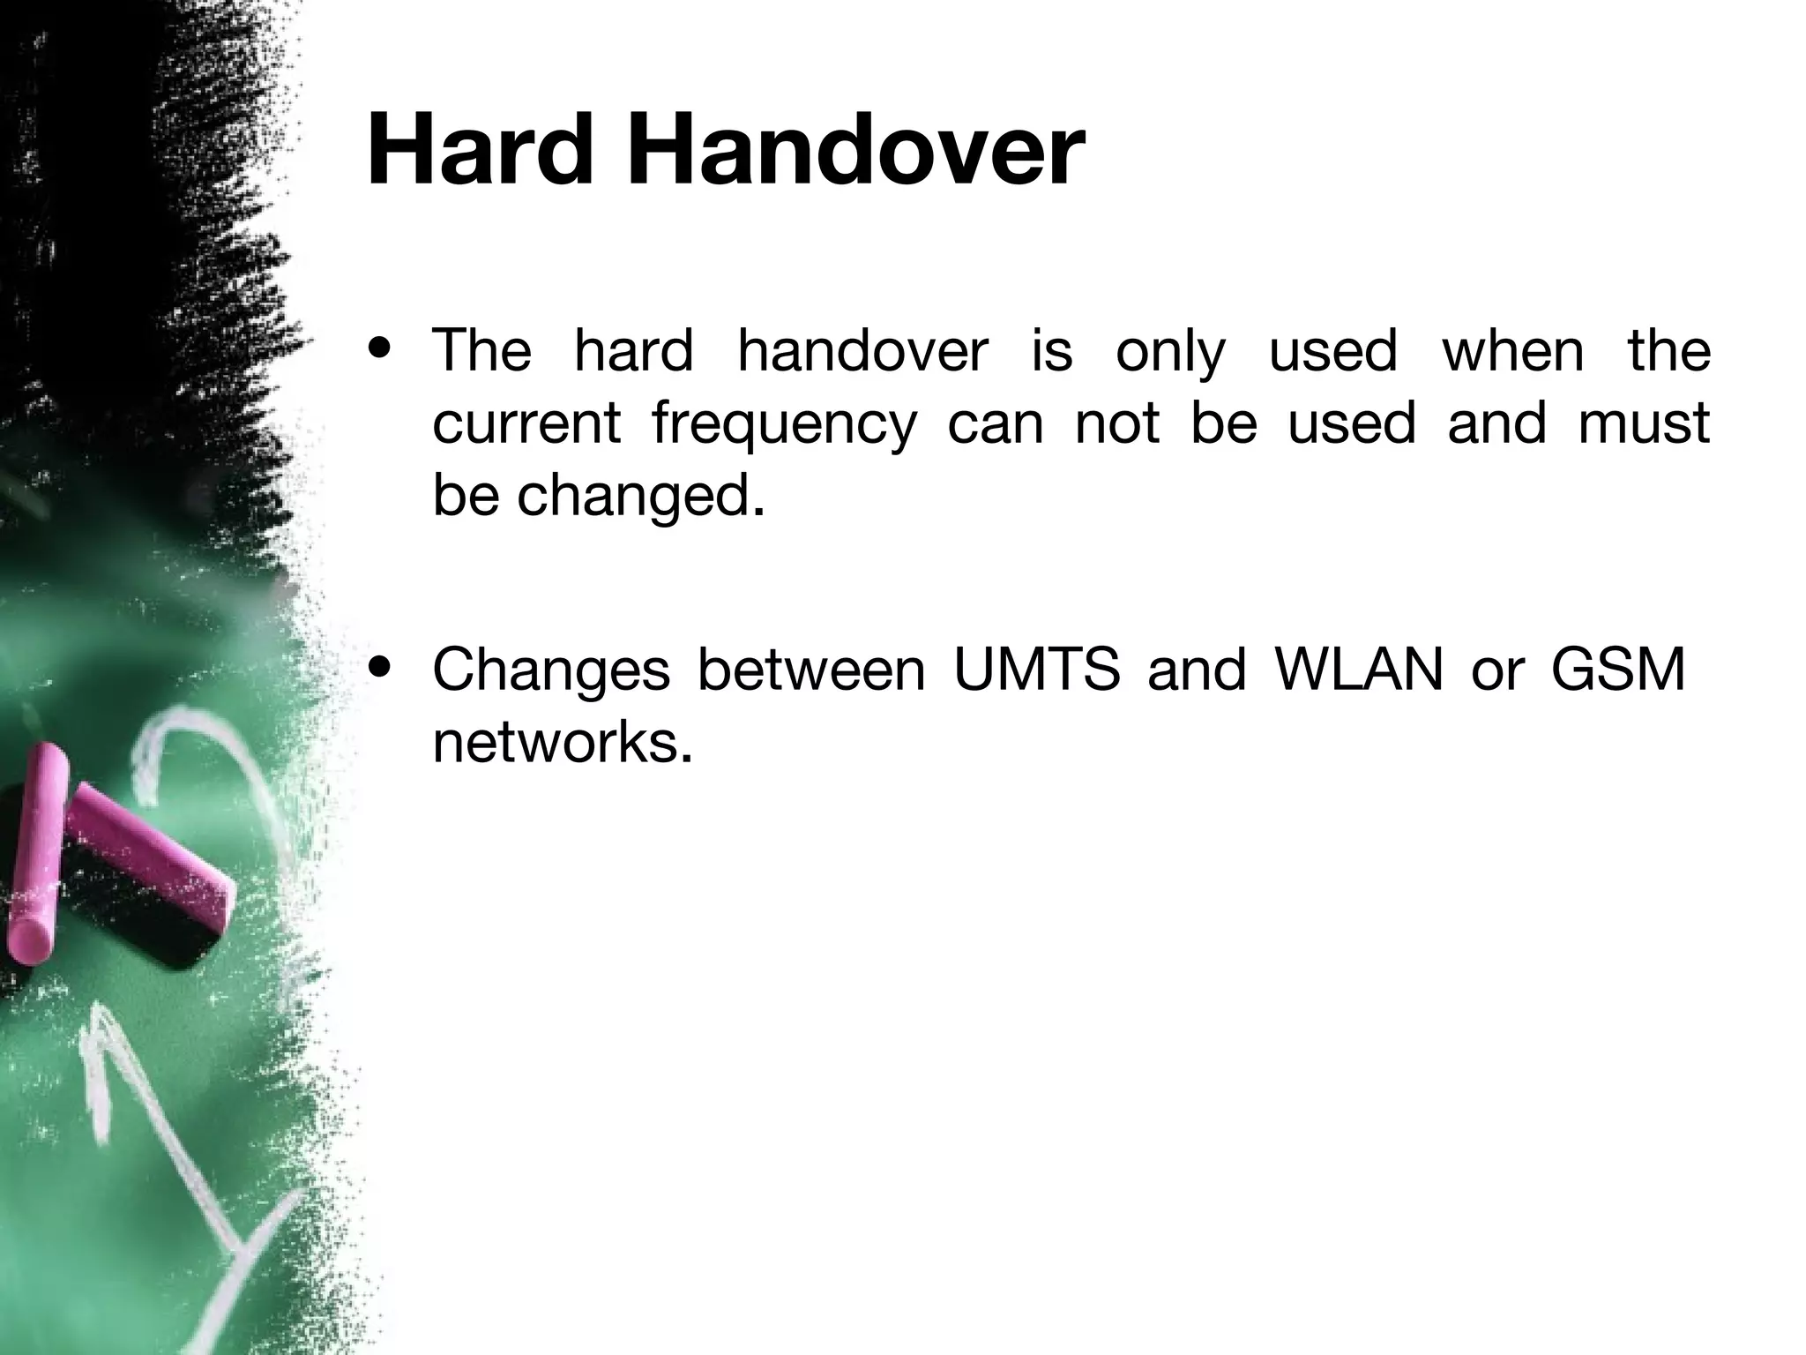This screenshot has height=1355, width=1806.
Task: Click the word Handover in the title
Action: tap(854, 151)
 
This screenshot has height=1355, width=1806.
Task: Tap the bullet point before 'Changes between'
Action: tap(381, 668)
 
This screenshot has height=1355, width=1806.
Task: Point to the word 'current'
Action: tap(526, 423)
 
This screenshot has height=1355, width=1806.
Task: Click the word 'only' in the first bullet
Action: tap(1169, 352)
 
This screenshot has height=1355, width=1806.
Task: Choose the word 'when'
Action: tap(1512, 350)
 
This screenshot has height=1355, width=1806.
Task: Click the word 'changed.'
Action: tap(640, 497)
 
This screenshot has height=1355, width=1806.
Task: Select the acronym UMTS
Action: tap(1036, 670)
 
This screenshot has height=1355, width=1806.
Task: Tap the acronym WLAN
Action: tap(1359, 670)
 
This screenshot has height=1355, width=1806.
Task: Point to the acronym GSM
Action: tap(1617, 670)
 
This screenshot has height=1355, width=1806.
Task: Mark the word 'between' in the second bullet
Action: tap(810, 670)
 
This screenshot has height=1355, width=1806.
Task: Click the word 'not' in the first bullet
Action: tap(1116, 423)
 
